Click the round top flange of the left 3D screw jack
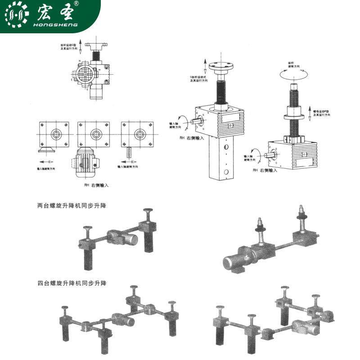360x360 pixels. coord(223,66)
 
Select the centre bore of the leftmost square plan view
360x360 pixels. coord(57,134)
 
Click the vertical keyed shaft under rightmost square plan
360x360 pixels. coord(130,152)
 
